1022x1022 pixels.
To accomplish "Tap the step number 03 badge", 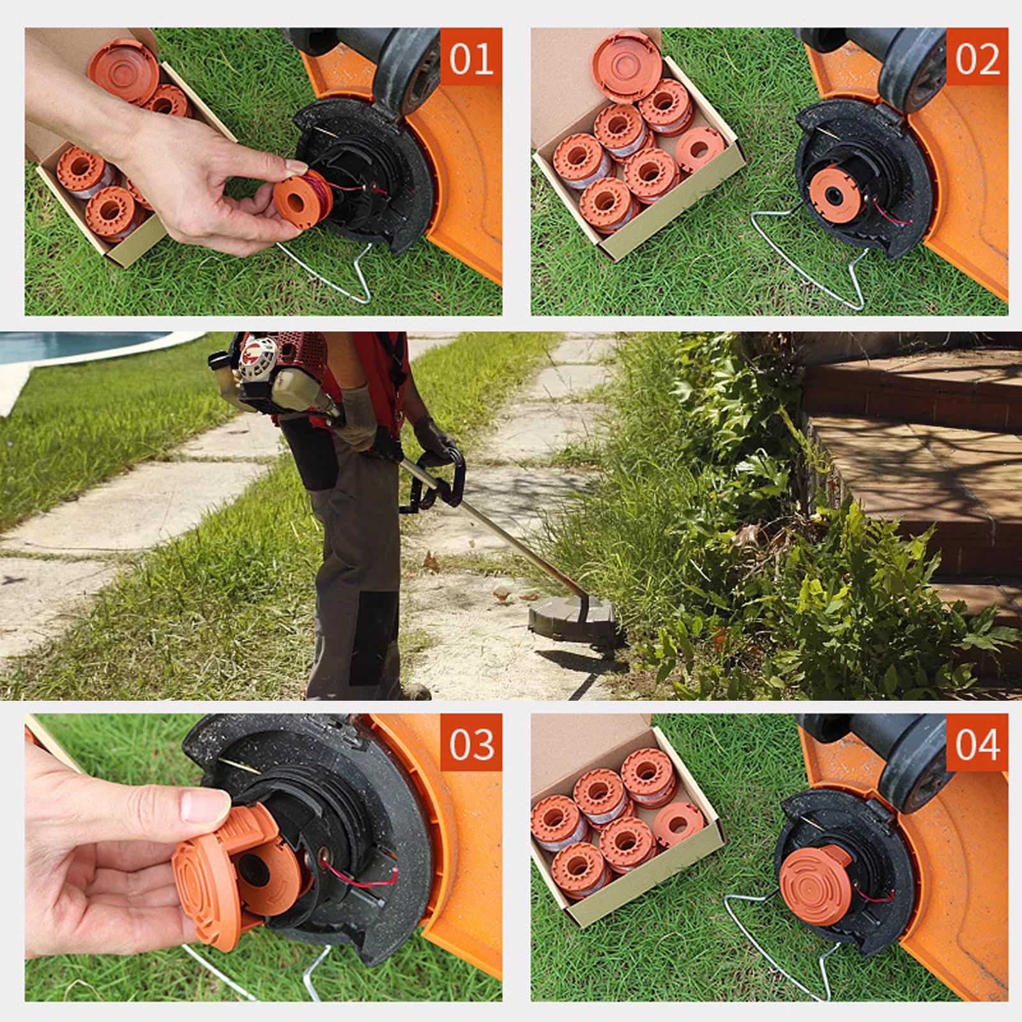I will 471,744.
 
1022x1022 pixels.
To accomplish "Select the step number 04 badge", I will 977,744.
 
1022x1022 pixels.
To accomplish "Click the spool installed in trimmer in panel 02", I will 836,192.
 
